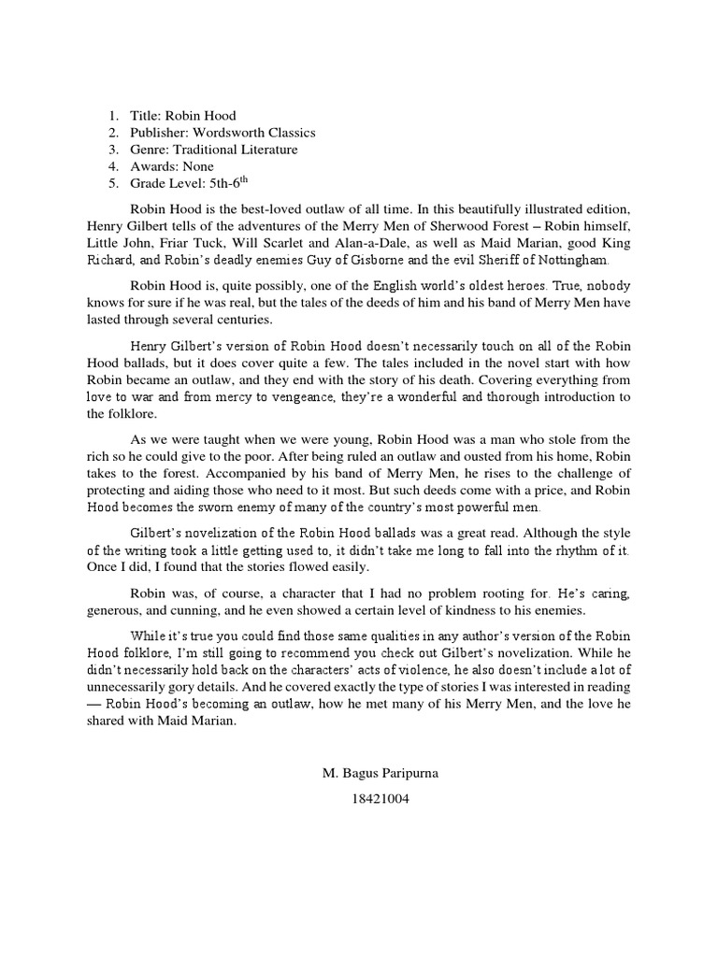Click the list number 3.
point(113,150)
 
